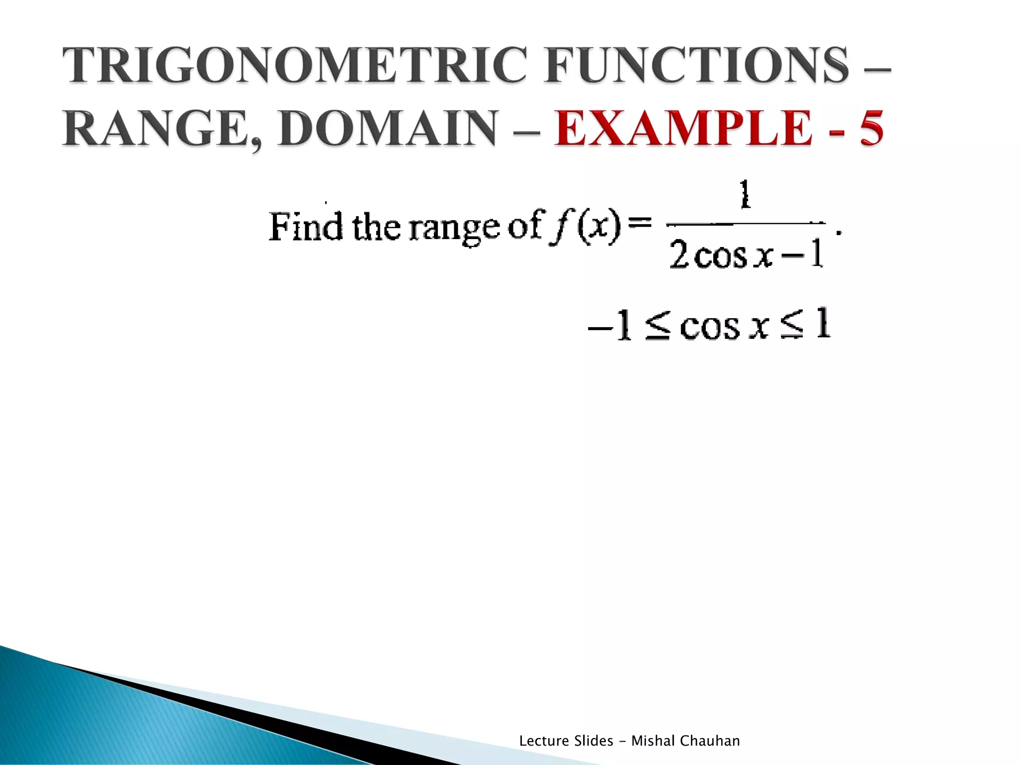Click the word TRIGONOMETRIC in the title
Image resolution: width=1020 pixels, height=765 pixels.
(x=294, y=65)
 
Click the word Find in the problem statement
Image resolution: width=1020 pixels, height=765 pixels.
(x=305, y=227)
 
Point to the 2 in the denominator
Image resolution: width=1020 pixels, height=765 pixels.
(x=679, y=255)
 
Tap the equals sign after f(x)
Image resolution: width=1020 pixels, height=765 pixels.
(x=640, y=223)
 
